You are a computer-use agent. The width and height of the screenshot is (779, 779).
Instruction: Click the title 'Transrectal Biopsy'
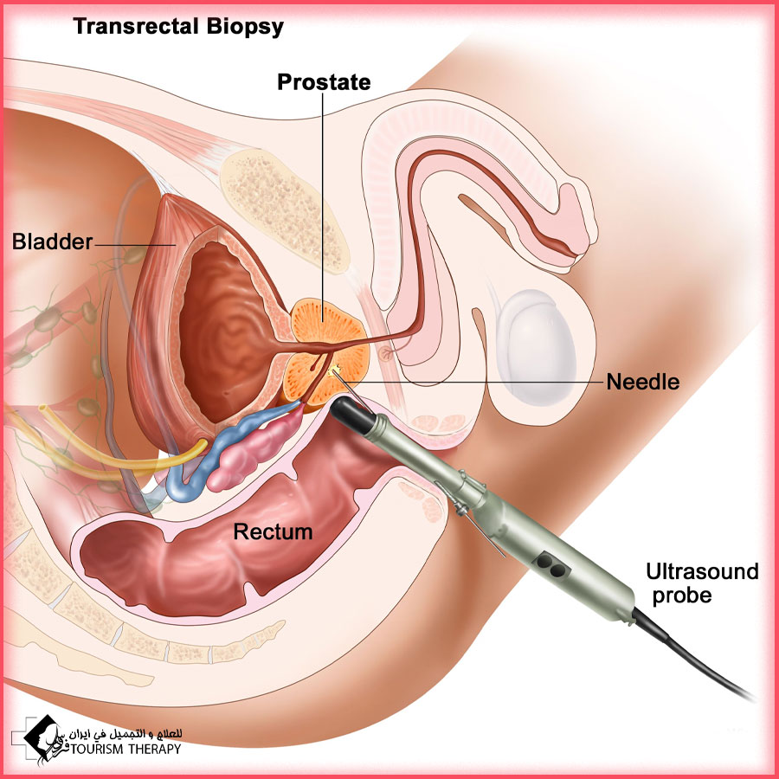coord(178,27)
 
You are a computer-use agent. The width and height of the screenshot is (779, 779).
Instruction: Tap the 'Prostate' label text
coord(324,82)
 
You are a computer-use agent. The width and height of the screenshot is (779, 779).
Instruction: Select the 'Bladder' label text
coord(52,241)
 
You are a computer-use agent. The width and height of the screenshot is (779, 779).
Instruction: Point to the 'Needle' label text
coord(643,382)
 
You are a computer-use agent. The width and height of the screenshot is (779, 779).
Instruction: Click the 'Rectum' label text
coord(273,531)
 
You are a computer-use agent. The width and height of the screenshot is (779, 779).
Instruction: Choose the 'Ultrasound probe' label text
coord(702,583)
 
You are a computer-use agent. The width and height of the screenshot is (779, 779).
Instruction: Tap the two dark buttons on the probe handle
coord(551,565)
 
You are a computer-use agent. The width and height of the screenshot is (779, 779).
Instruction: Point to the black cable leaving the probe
coord(691,655)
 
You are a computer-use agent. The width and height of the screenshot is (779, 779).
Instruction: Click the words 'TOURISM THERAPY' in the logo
coord(126,749)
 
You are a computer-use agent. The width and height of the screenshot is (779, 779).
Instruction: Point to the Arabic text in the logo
coord(126,734)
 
